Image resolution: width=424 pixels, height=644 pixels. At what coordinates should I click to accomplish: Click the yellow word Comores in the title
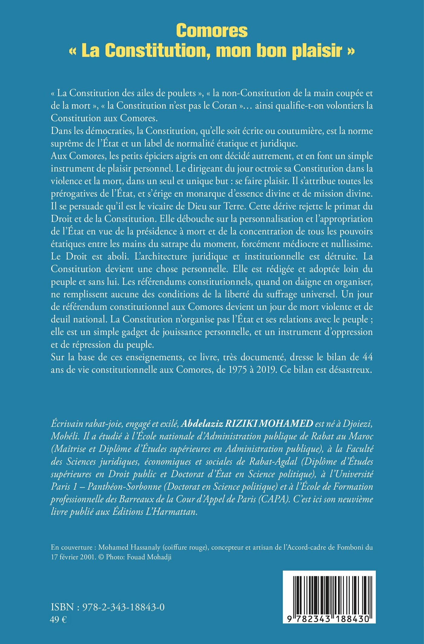pyautogui.click(x=212, y=31)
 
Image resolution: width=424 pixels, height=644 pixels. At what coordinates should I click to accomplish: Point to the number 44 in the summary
pyautogui.click(x=367, y=357)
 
